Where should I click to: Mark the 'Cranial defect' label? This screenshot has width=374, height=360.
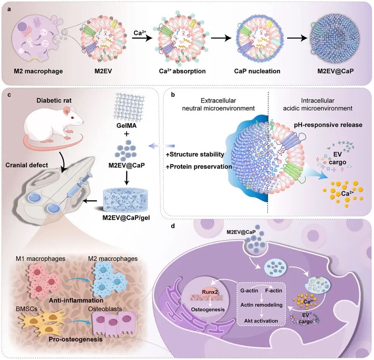pyautogui.click(x=27, y=165)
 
